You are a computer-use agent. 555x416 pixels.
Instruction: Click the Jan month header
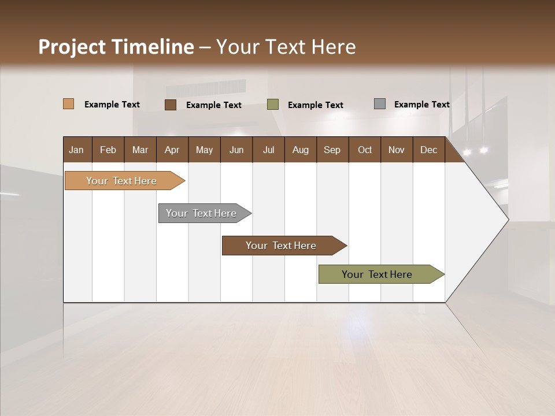[76, 150]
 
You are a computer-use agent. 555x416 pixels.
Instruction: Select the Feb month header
[108, 150]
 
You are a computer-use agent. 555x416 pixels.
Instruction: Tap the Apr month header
[172, 150]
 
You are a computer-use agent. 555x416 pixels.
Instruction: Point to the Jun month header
[236, 150]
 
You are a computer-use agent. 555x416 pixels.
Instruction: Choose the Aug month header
[300, 150]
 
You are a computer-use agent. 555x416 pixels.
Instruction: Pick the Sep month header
[332, 150]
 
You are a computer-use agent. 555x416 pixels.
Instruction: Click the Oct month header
[365, 150]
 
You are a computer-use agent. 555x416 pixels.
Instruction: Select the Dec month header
[428, 150]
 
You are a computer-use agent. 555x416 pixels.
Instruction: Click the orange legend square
[69, 104]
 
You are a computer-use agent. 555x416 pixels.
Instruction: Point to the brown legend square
[171, 105]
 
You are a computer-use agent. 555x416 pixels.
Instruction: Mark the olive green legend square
[273, 105]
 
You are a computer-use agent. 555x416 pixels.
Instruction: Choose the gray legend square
[380, 104]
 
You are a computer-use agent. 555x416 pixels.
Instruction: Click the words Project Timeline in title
[116, 47]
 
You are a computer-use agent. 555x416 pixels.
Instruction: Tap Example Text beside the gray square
[421, 105]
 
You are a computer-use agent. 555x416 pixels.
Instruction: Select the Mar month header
[140, 150]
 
